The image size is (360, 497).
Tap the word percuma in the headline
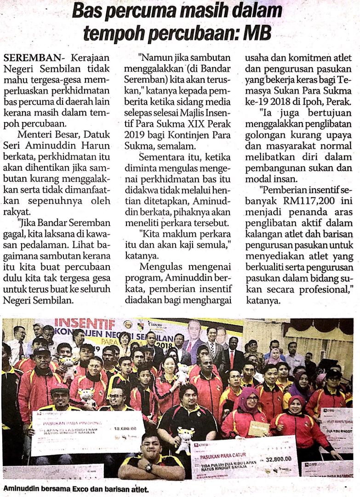tap(137, 10)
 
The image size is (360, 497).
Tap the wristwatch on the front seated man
tap(148, 467)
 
